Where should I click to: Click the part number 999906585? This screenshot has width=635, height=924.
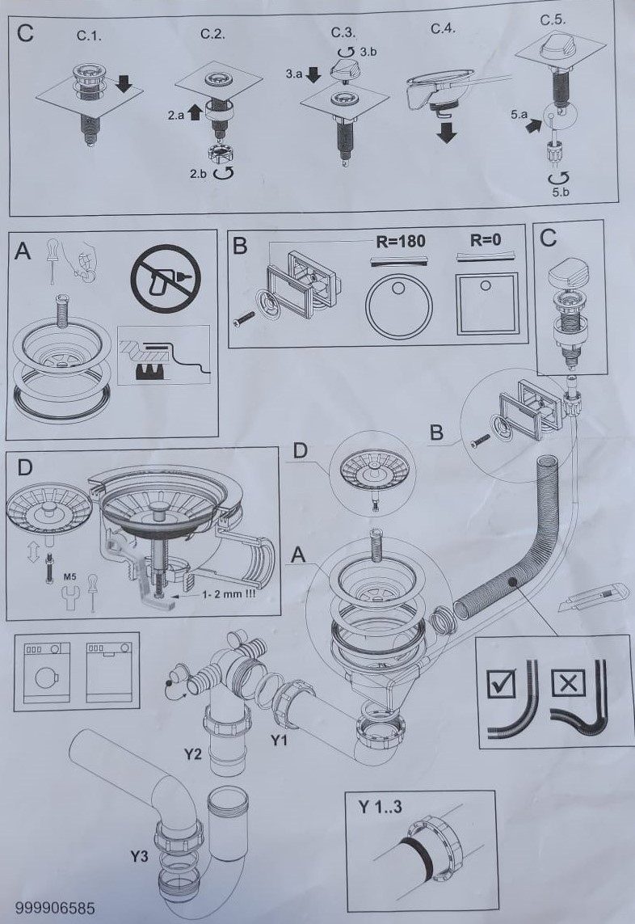click(x=56, y=908)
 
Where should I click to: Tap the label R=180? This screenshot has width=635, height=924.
click(x=401, y=241)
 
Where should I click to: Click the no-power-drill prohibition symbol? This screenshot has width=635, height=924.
click(x=166, y=277)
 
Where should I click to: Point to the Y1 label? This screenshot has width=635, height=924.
click(x=279, y=740)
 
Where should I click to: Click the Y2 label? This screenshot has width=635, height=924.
click(x=192, y=753)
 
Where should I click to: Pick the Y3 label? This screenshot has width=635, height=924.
click(x=139, y=856)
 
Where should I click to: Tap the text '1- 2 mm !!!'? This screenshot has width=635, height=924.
click(x=229, y=594)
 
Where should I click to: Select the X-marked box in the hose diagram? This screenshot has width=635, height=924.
click(x=566, y=684)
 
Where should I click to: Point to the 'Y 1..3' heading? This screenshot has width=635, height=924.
click(x=381, y=806)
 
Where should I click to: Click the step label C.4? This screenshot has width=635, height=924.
click(x=444, y=29)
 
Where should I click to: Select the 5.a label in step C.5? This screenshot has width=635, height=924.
click(x=519, y=114)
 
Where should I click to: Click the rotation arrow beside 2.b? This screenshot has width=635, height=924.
click(x=225, y=173)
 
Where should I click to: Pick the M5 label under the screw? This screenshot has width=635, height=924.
click(x=69, y=577)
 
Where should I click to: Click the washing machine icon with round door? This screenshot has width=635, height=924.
click(x=47, y=672)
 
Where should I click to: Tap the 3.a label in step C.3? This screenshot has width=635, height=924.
click(x=295, y=74)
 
